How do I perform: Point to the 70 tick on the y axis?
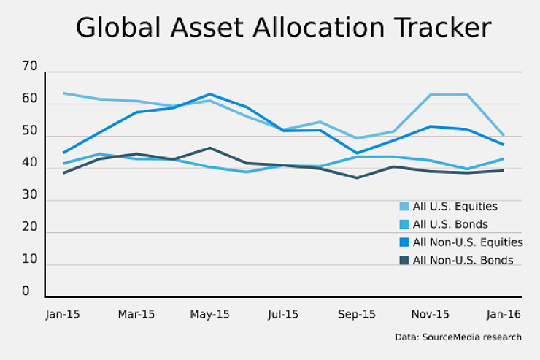coord(29,67)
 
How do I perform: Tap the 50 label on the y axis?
coord(29,131)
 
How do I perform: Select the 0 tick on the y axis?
coord(26,291)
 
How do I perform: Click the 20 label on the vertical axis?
coord(29,227)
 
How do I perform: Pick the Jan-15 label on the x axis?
coord(63,314)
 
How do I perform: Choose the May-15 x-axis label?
coord(210,314)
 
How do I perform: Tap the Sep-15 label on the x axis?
coord(357,314)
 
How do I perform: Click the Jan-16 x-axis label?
coord(504,314)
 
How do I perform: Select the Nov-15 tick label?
coord(430,314)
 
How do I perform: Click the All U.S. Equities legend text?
coord(455,207)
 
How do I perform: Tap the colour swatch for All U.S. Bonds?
coord(404,224)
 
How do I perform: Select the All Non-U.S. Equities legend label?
coord(467,242)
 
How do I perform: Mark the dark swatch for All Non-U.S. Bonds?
coord(404,260)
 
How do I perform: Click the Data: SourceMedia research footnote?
coord(458,337)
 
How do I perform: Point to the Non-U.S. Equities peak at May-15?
coord(210,94)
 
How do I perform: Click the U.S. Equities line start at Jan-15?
coord(63,93)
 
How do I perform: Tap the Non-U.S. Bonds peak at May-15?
coord(210,148)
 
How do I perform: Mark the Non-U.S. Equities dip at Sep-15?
coord(357,153)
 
